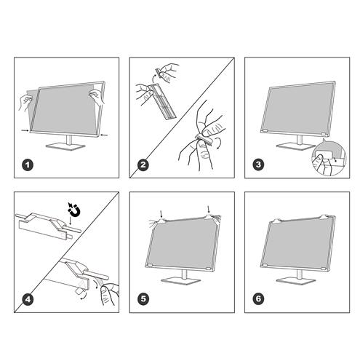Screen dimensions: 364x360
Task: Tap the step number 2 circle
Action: click(x=143, y=165)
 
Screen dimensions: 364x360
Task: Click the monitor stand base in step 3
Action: click(x=294, y=141)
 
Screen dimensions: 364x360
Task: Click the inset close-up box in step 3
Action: click(x=325, y=161)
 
